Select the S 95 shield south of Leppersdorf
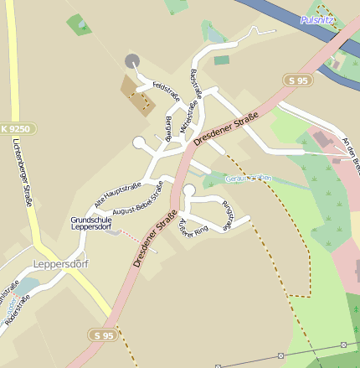(101, 334)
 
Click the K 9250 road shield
(14, 129)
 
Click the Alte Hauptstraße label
(117, 194)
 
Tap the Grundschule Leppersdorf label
(91, 223)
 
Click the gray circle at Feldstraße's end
(131, 60)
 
